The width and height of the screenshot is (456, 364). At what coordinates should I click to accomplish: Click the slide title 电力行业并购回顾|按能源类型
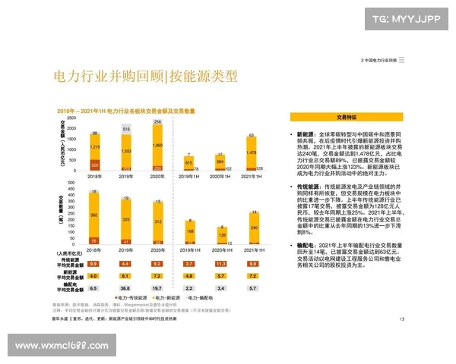(x=145, y=77)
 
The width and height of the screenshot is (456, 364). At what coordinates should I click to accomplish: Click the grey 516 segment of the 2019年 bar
(x=126, y=130)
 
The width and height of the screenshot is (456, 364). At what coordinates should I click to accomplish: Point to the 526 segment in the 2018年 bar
(x=95, y=164)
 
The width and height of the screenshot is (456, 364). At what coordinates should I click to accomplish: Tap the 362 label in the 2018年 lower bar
(x=95, y=215)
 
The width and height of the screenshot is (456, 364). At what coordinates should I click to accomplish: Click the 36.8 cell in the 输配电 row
(x=126, y=289)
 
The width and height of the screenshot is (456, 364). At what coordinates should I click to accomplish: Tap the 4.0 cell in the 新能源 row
(x=94, y=276)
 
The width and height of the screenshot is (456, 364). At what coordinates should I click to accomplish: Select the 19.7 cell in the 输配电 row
(x=158, y=289)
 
